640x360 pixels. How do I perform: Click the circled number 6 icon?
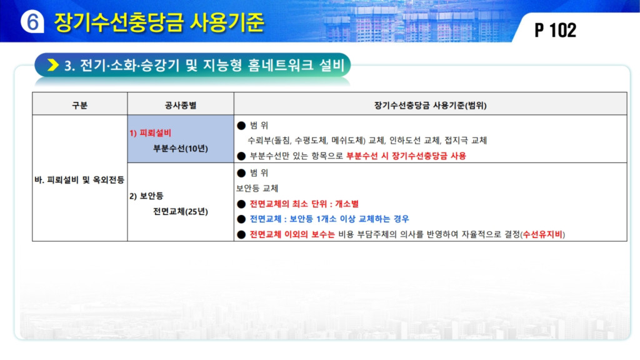tap(32, 21)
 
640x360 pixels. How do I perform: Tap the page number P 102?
tap(555, 30)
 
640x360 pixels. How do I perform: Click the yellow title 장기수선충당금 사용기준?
tap(159, 22)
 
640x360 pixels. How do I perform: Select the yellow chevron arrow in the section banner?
tap(53, 65)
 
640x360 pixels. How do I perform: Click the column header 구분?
tap(79, 105)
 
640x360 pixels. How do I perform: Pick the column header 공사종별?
tap(181, 105)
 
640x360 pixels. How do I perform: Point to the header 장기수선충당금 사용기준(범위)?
tap(430, 105)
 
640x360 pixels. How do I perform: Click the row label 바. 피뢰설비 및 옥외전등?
tap(79, 179)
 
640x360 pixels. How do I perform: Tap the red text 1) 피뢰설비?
tap(151, 133)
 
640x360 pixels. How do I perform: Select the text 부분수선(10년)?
tap(181, 149)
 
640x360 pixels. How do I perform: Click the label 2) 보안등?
tap(146, 196)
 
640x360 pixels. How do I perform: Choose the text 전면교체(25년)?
tap(181, 211)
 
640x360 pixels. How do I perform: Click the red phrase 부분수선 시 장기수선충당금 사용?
tap(406, 156)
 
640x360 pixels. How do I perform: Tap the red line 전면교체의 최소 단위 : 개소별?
tap(304, 204)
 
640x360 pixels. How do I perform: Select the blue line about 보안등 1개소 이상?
tap(329, 219)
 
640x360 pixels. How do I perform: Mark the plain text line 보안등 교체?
tap(257, 188)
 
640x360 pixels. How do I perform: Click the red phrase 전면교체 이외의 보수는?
tap(292, 235)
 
